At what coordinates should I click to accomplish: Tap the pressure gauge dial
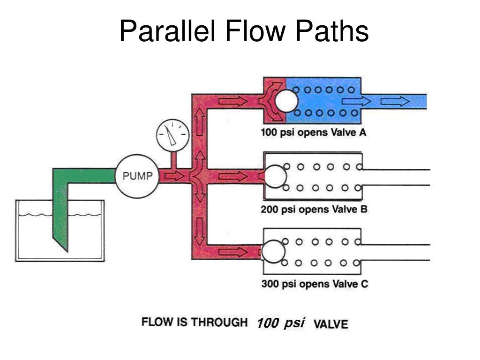coord(172,135)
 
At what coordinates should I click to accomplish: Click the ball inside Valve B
coord(276,177)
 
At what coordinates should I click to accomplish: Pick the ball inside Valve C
coord(273,251)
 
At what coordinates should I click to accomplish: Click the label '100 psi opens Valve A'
coord(313,132)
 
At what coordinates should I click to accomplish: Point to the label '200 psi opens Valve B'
coord(314,209)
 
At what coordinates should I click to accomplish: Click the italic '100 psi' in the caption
coord(281,323)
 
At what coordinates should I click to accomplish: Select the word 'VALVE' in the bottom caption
coord(330,324)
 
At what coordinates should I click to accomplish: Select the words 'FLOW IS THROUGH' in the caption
coord(195,322)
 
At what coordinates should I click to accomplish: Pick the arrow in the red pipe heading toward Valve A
coord(232,101)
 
